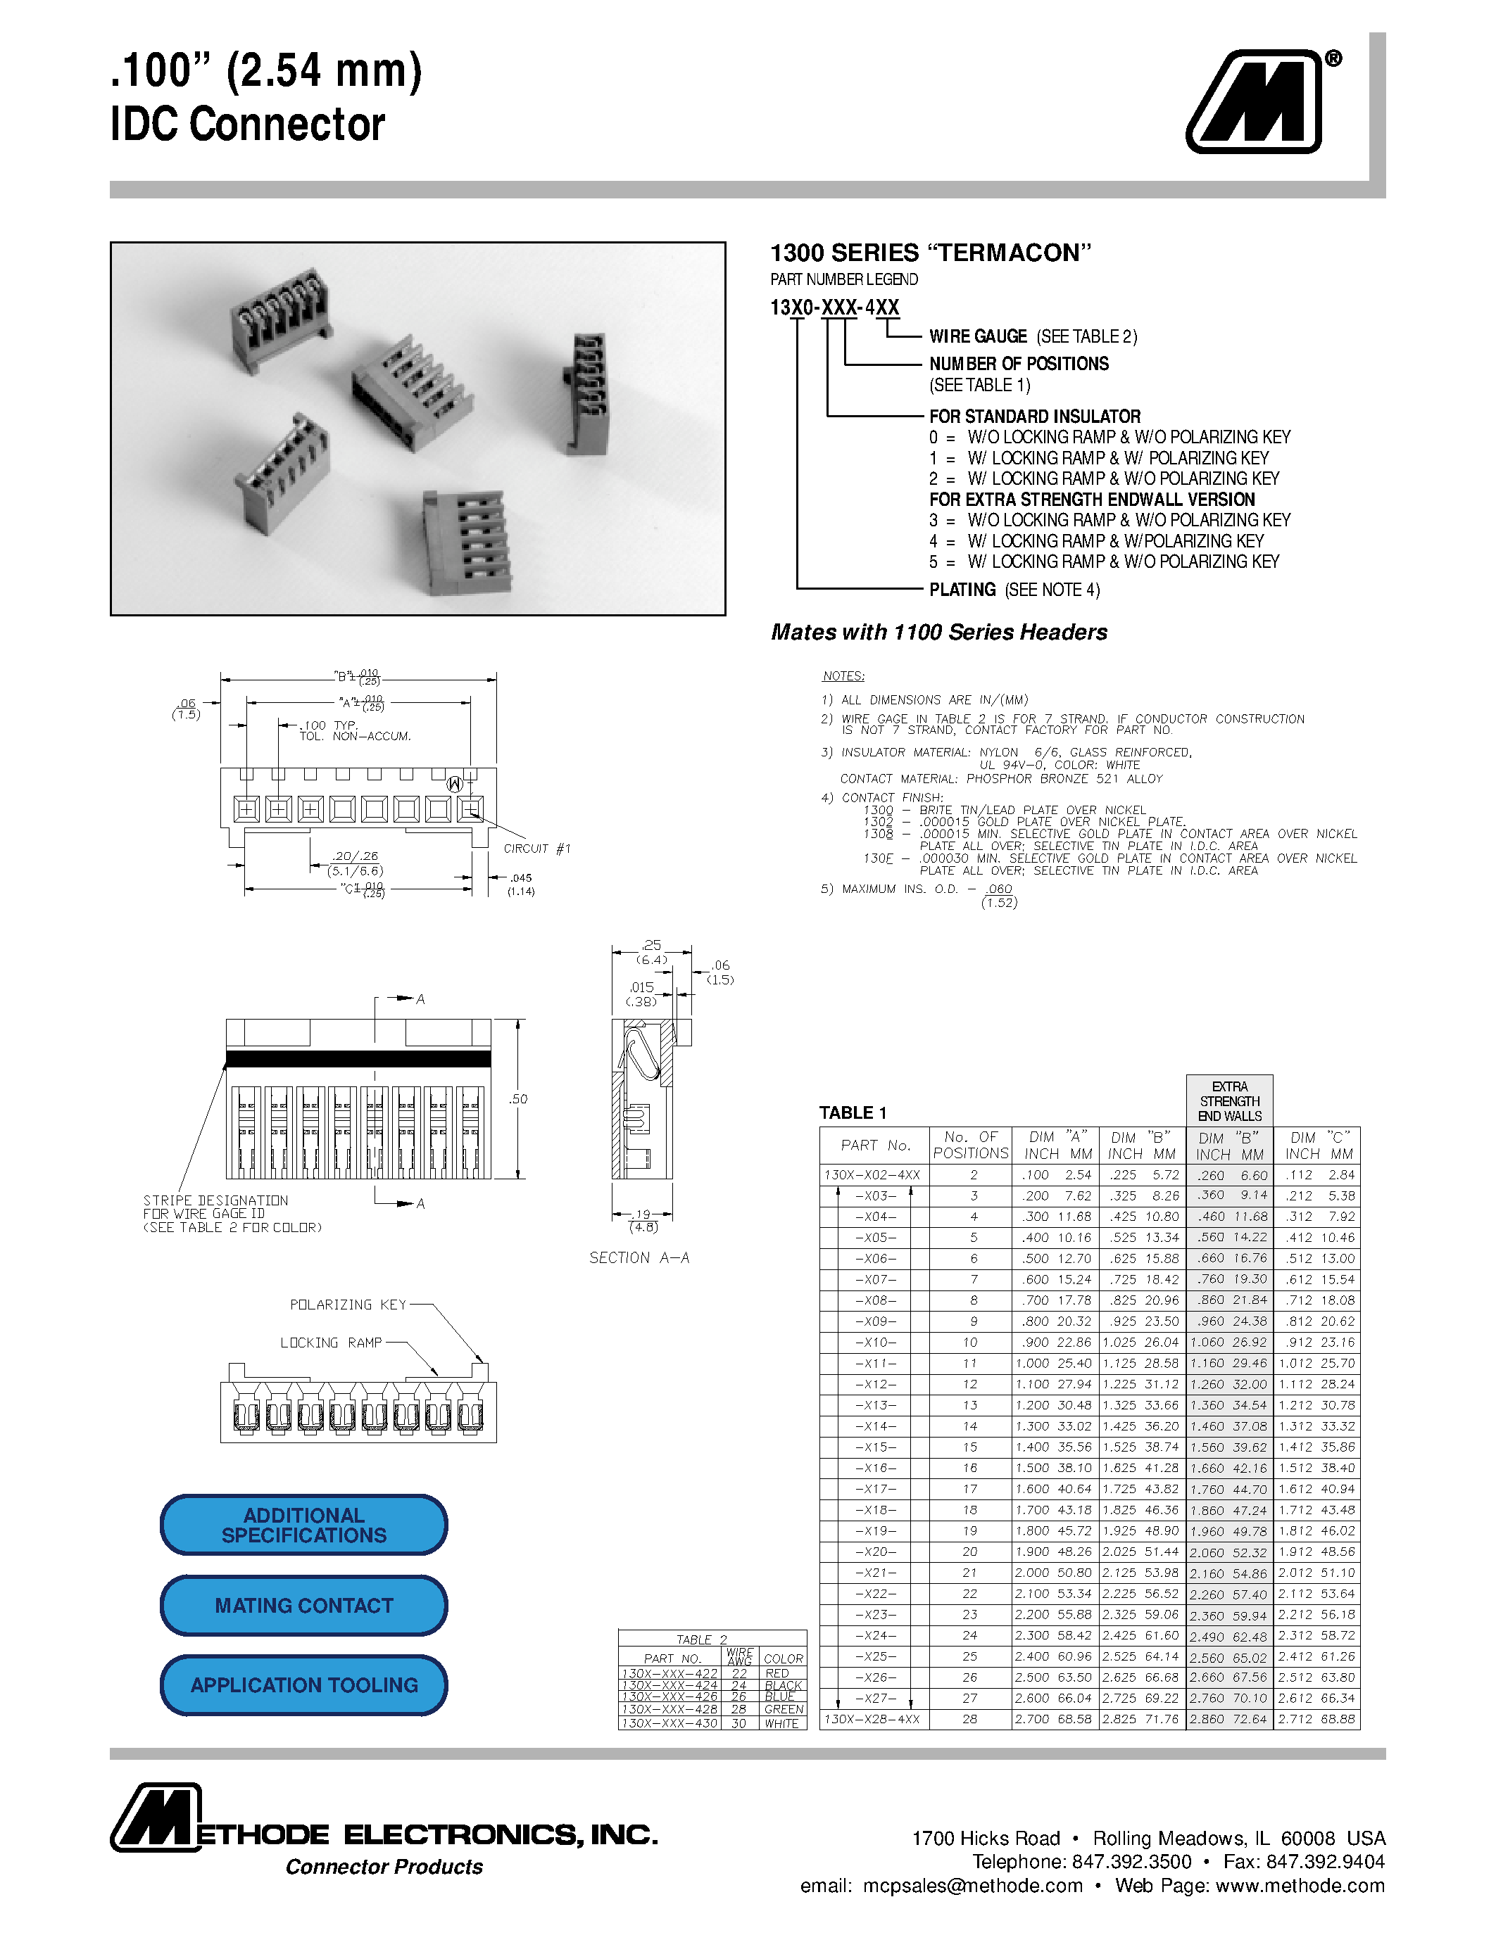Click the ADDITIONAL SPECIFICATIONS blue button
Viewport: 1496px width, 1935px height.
(303, 1525)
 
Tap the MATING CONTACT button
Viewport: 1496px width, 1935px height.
(303, 1606)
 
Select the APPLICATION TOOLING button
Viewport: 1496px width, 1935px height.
(303, 1685)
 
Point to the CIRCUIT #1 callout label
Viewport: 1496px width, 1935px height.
(536, 849)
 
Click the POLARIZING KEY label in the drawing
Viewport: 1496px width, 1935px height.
(347, 1305)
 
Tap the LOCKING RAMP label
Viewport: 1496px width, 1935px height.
(331, 1343)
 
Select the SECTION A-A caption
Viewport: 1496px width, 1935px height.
(639, 1258)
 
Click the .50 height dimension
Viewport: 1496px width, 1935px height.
(517, 1098)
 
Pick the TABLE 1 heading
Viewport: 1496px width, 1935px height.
(853, 1113)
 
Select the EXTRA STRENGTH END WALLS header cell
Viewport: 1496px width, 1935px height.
(1229, 1101)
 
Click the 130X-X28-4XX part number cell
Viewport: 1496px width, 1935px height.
(873, 1719)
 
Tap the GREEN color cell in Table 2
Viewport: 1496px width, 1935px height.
(784, 1709)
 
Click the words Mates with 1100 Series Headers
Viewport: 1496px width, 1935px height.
(938, 633)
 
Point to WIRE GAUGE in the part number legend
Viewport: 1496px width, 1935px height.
(978, 336)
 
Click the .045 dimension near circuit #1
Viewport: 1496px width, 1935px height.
(521, 878)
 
